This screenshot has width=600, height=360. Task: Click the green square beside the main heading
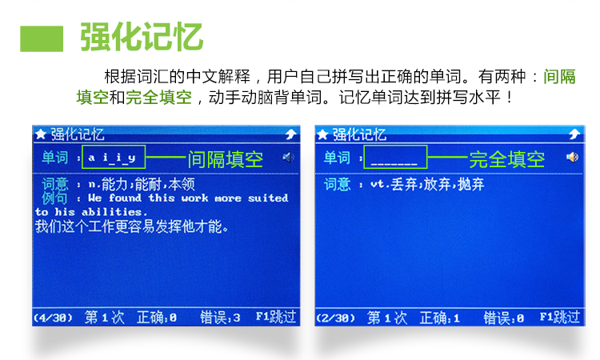[42, 38]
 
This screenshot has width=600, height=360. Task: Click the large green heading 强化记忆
[141, 37]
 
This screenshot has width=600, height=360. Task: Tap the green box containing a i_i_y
[114, 157]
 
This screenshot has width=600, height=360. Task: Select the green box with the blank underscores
[395, 157]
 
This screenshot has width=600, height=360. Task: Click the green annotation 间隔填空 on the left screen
[225, 159]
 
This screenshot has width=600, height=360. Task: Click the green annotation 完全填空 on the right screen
[507, 159]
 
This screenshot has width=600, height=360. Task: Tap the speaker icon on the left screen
[289, 157]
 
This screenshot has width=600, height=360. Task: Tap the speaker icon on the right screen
[573, 157]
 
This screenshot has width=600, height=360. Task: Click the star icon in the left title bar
[41, 134]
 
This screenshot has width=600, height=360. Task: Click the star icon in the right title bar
[322, 134]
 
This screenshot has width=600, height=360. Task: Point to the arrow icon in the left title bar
[291, 134]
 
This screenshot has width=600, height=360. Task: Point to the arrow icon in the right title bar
[574, 134]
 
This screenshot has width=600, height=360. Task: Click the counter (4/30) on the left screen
[53, 318]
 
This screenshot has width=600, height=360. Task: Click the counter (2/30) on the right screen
[335, 318]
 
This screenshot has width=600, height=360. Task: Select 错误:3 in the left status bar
[220, 317]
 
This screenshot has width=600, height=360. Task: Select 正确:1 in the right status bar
[440, 318]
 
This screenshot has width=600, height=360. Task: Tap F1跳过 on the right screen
[560, 317]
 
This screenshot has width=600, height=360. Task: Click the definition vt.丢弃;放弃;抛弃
[427, 184]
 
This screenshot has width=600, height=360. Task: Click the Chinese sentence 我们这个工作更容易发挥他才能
[132, 226]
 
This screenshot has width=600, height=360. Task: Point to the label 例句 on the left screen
[54, 198]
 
